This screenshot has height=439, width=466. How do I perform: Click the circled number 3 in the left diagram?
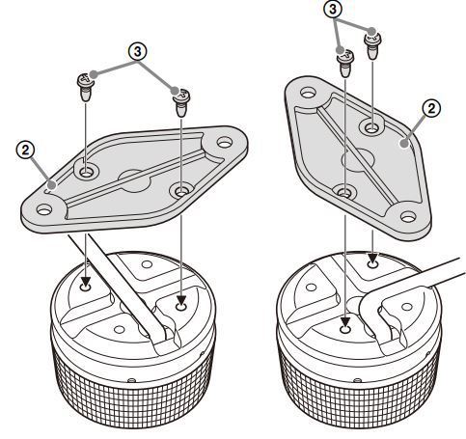point(137,52)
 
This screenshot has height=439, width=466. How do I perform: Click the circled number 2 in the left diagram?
point(25,150)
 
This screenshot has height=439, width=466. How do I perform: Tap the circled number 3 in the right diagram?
point(333,10)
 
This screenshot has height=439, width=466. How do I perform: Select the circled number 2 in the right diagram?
point(431,109)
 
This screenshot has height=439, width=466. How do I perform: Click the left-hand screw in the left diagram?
point(86,87)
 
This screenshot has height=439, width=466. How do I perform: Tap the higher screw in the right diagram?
point(372,46)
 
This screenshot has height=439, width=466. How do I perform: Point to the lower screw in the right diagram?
point(345,64)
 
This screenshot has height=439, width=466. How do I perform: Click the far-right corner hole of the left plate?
point(225,142)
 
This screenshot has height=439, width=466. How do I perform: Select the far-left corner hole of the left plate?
point(44,210)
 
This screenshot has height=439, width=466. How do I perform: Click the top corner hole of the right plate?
point(308,93)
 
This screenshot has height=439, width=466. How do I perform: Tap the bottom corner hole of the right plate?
point(408,217)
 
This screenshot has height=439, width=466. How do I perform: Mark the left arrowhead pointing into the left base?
point(86,284)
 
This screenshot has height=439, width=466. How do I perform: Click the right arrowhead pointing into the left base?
point(181,302)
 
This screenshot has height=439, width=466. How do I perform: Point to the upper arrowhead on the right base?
point(372,259)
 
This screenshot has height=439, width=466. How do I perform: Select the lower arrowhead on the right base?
point(345,321)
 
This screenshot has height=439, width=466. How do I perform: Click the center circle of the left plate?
point(135,180)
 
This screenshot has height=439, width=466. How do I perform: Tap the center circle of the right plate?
point(358,160)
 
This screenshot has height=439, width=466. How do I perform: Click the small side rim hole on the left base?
point(131,380)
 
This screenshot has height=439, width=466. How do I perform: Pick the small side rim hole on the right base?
point(356,380)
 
